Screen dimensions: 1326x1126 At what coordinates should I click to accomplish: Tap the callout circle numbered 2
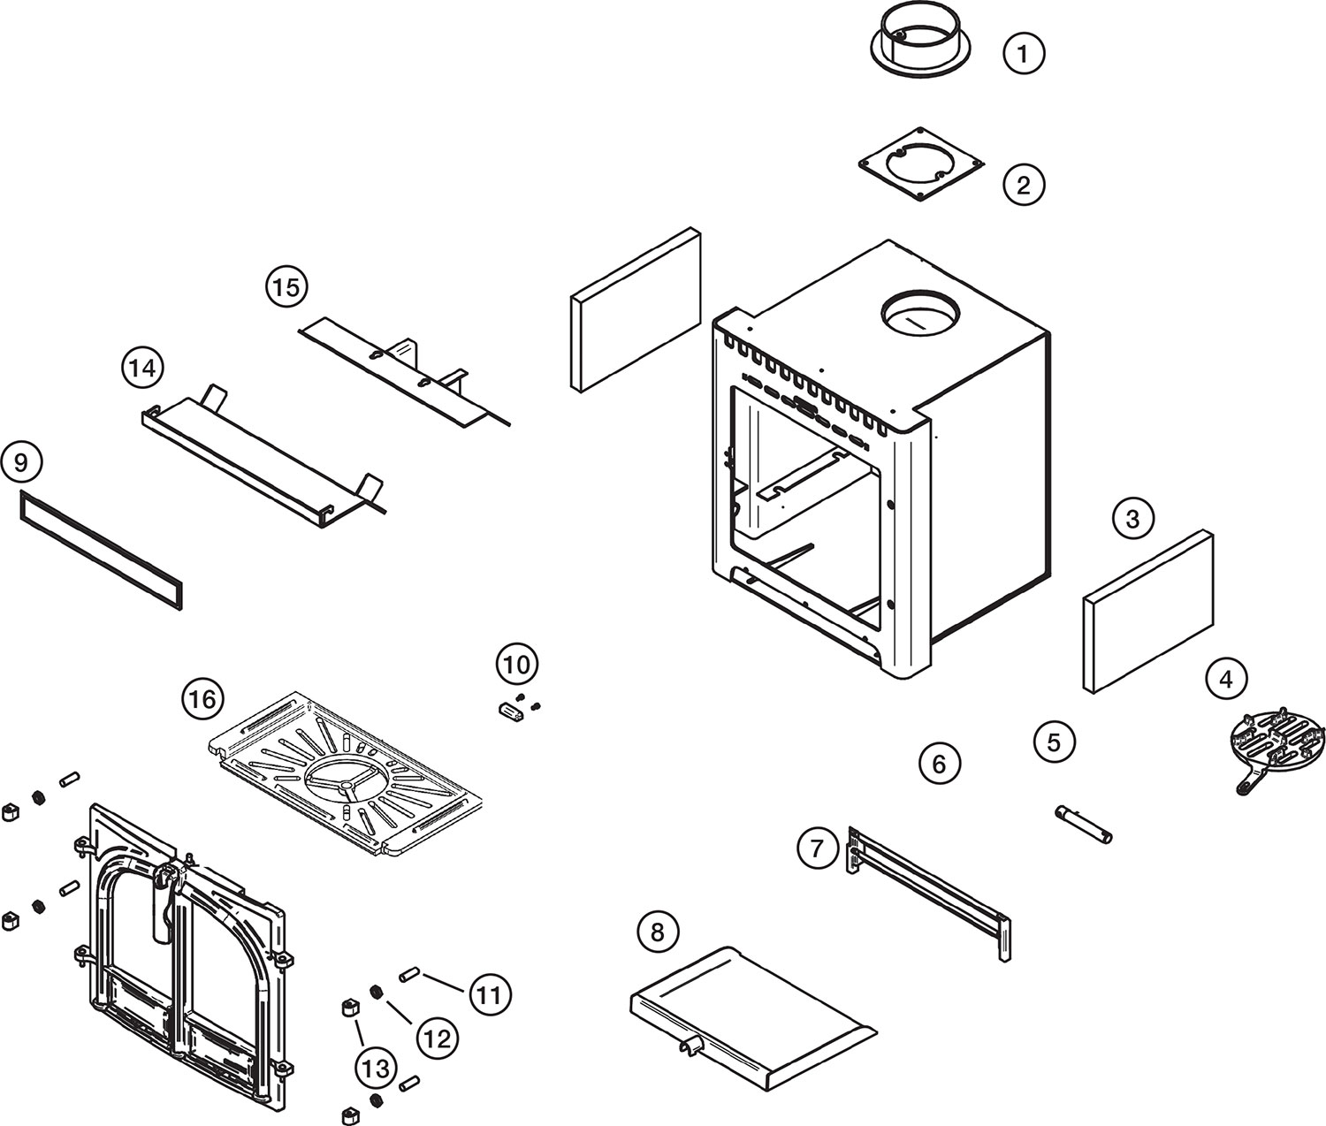[1024, 185]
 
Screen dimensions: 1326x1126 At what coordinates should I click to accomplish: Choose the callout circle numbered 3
[1133, 518]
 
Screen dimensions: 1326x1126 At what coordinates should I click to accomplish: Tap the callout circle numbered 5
[1054, 742]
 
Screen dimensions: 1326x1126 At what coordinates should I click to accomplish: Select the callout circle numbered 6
[939, 764]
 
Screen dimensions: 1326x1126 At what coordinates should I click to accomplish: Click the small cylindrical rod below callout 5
[1084, 825]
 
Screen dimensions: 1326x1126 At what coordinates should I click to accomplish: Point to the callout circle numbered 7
[818, 848]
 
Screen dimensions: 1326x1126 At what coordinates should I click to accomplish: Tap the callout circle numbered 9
[21, 462]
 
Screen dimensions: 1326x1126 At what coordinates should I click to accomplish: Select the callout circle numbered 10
[517, 665]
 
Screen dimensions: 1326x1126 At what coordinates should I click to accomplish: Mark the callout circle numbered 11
[490, 995]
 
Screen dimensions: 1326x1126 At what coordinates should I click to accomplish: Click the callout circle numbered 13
[376, 1069]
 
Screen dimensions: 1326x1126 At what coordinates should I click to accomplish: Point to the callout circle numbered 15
[286, 286]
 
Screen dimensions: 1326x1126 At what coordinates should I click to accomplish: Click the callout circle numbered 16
[203, 699]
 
